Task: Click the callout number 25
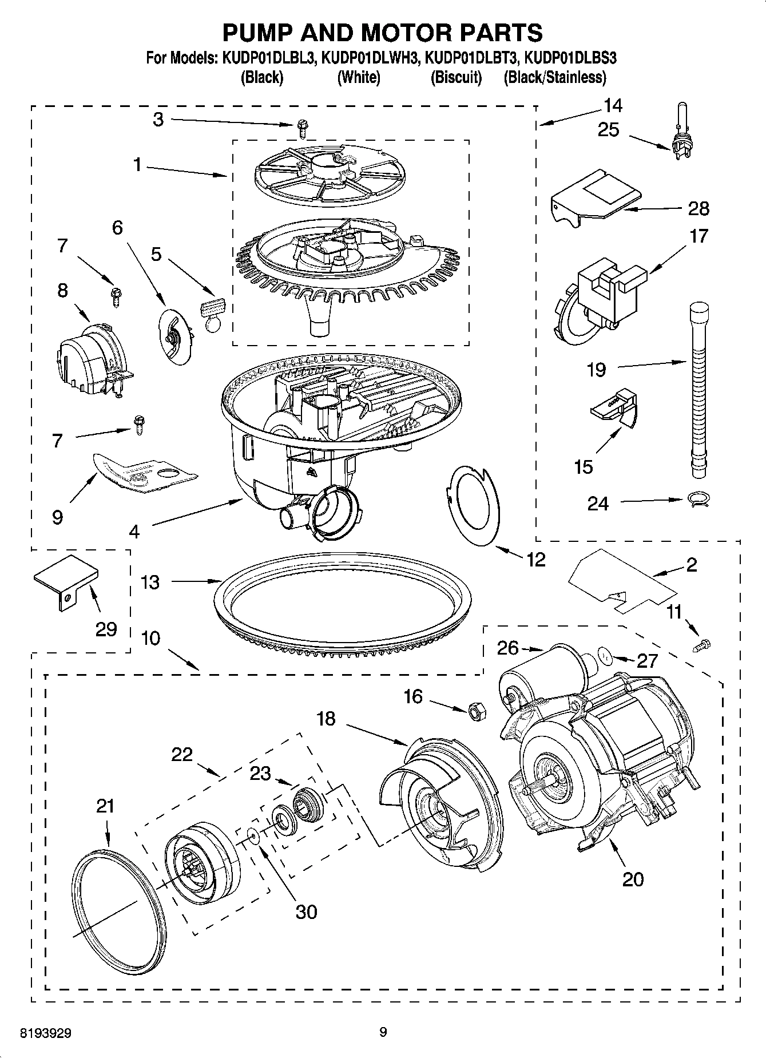coord(608,130)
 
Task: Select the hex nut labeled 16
coord(477,711)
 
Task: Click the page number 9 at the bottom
coord(383,1032)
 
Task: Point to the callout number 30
coord(306,910)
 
